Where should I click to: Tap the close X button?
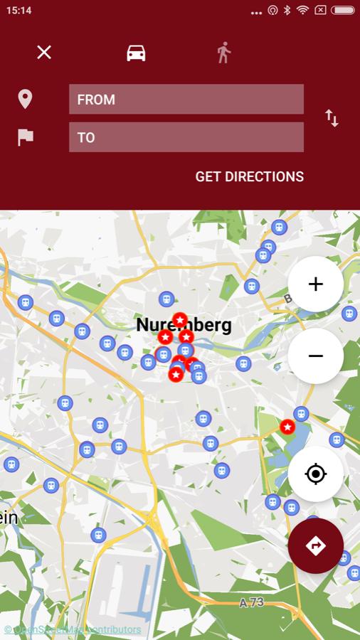coord(44,52)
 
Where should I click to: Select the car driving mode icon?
coord(136,53)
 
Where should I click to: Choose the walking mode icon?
coord(224,53)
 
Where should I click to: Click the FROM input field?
coord(186,100)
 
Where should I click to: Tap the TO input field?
coord(186,137)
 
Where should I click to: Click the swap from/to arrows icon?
coord(332,118)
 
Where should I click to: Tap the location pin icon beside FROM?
coord(25,99)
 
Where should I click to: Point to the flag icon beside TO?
coord(26,137)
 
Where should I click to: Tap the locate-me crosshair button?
coord(316,474)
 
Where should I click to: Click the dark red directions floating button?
coord(316,545)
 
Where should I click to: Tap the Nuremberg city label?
coord(184,326)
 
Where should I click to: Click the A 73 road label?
coord(251,603)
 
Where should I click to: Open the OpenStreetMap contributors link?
coord(73,629)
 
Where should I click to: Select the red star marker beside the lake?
coord(287,427)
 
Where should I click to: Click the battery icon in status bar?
coord(342,11)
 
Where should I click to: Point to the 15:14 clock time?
coord(18,11)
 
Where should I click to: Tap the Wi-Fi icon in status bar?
coord(303,11)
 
